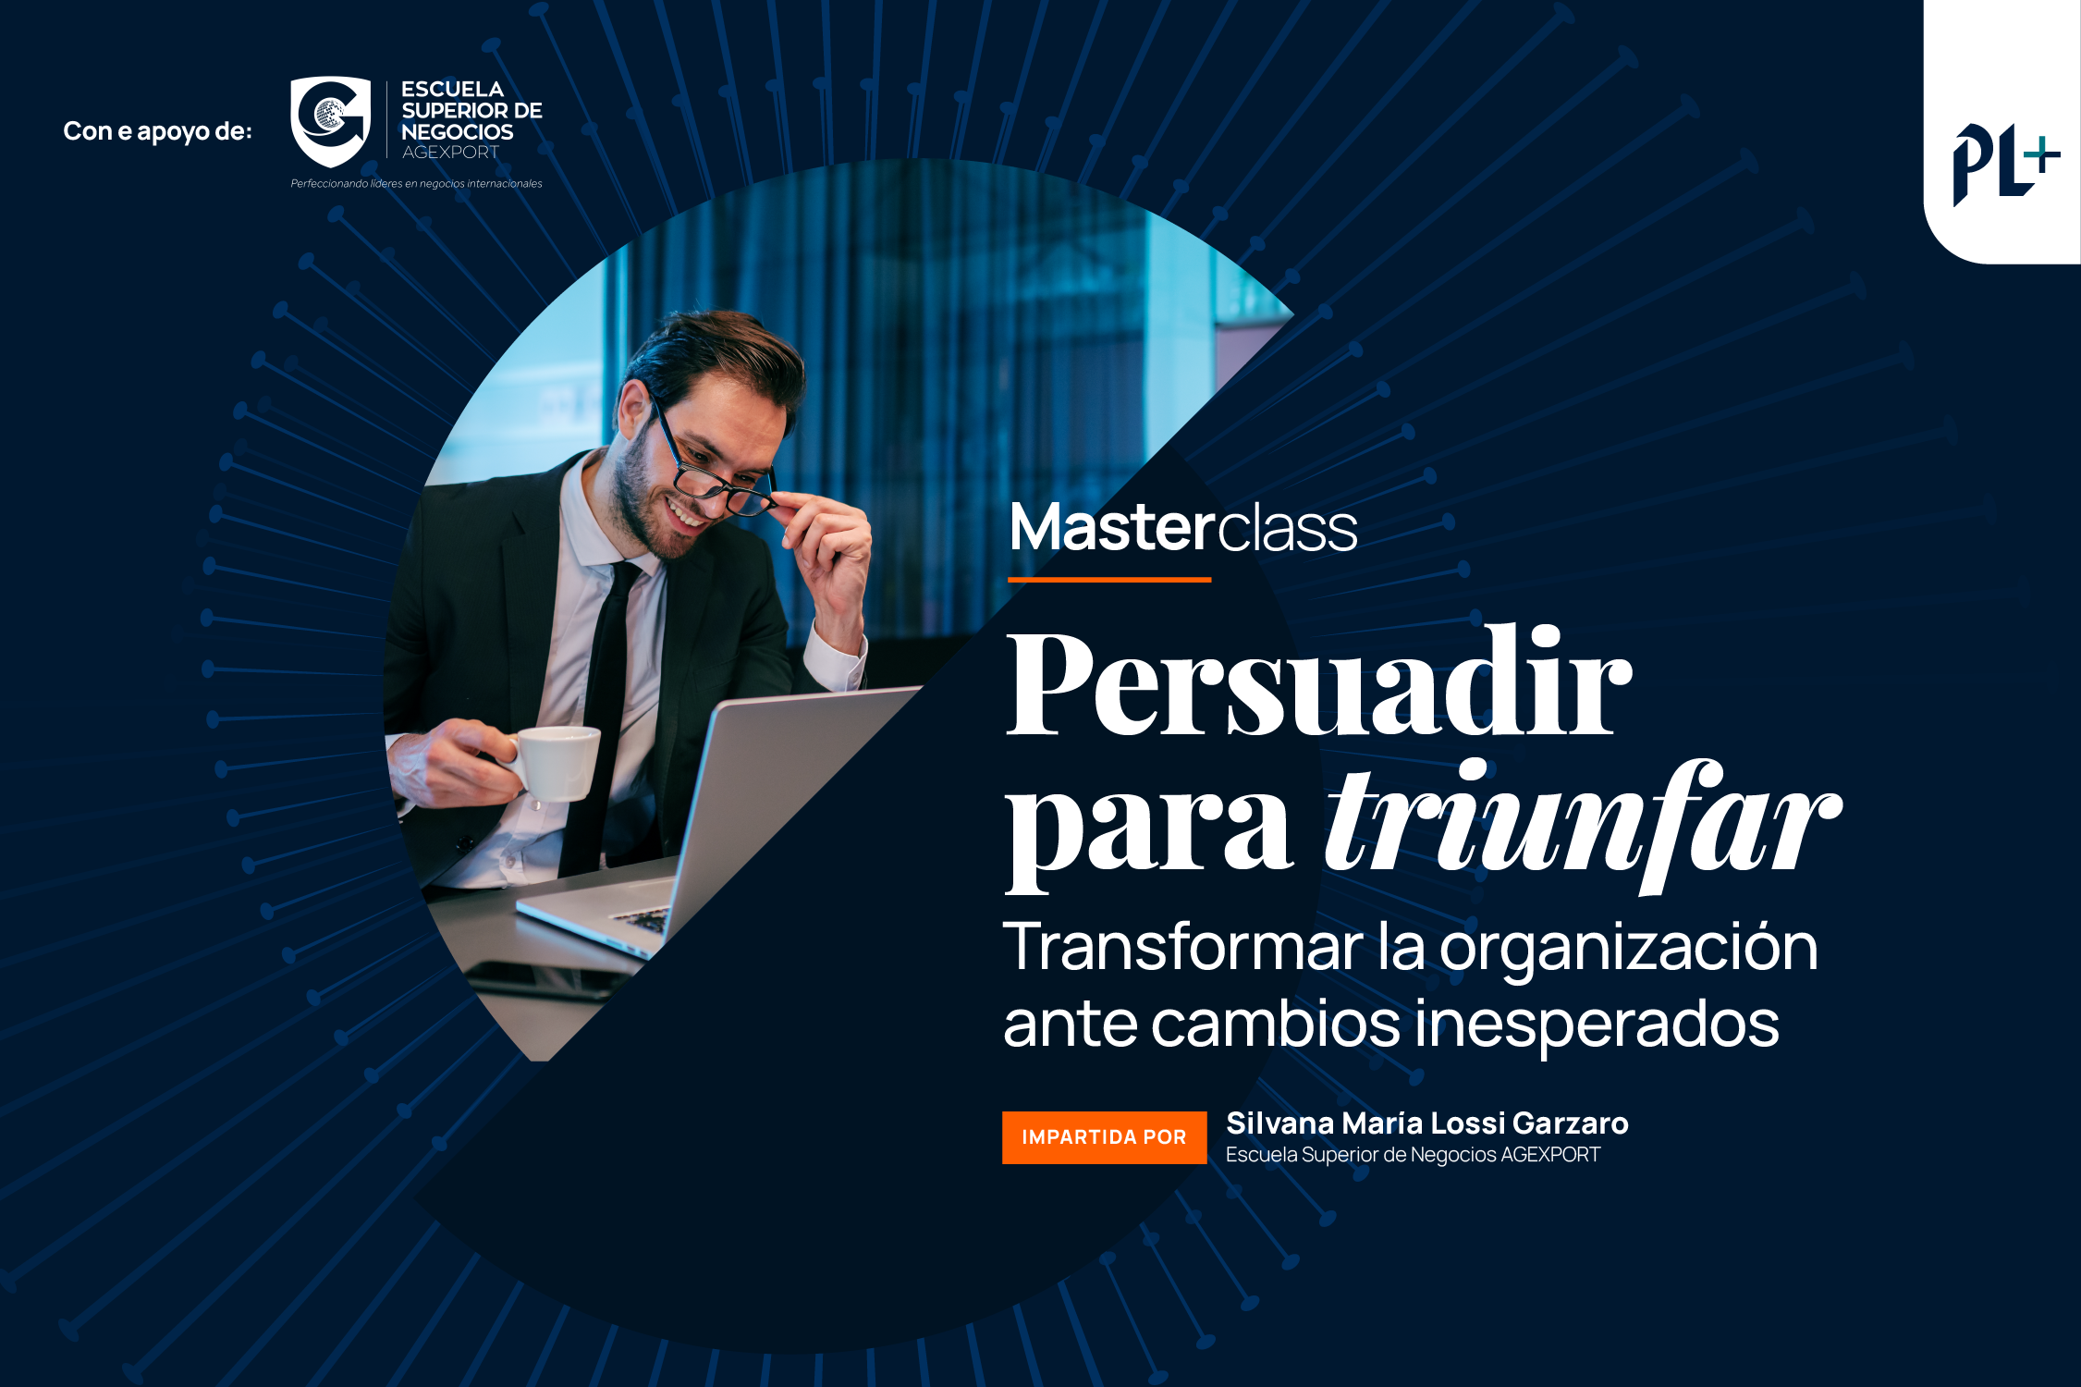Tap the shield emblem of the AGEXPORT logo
(330, 121)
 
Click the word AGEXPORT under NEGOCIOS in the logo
(450, 153)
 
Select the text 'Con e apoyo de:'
(157, 131)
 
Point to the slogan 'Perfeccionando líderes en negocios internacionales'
(416, 183)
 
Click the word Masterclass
(1183, 528)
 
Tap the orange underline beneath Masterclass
(1109, 580)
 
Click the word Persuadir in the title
(1318, 681)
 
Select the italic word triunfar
(1583, 822)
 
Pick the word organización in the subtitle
(1628, 950)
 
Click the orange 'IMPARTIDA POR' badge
(1105, 1137)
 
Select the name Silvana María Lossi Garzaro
(1426, 1123)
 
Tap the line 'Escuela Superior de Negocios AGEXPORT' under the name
(1413, 1155)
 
